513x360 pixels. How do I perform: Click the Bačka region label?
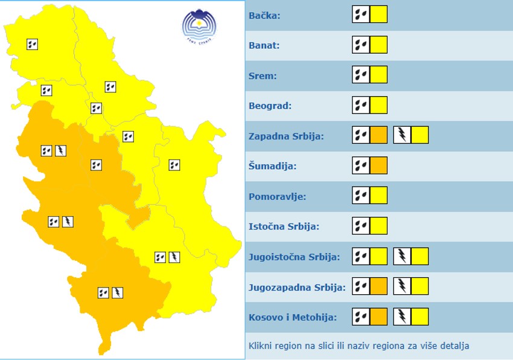pos(264,15)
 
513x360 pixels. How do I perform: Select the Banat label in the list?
pos(264,45)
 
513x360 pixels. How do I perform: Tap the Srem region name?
pos(263,76)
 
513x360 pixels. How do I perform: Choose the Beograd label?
pos(270,106)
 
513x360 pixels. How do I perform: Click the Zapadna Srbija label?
pos(286,136)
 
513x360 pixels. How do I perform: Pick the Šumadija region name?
pos(273,166)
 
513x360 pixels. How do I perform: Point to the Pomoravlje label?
pos(277,196)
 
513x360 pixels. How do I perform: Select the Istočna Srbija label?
pos(284,227)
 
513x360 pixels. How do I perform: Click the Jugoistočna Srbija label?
pos(294,257)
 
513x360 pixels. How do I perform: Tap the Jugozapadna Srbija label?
pos(297,287)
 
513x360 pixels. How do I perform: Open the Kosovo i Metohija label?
pos(293,317)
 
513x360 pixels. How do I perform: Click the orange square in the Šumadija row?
pos(378,166)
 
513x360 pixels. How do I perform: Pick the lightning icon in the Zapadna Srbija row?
pos(402,135)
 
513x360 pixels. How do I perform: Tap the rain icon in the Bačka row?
pos(361,14)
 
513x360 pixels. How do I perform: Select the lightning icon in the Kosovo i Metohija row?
pos(402,317)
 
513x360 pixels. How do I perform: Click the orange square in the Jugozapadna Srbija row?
pos(378,286)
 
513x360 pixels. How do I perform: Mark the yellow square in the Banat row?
pos(378,45)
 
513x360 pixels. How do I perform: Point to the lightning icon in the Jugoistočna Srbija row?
pos(402,256)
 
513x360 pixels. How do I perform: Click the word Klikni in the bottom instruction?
pos(260,346)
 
